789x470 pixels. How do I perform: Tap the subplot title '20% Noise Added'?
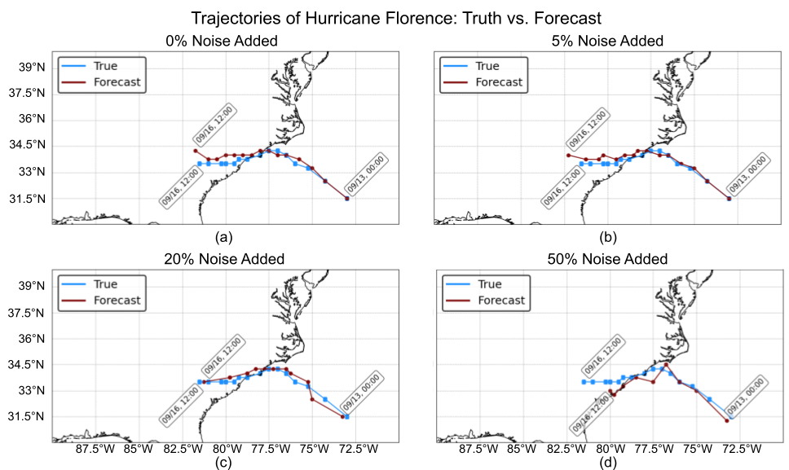click(225, 259)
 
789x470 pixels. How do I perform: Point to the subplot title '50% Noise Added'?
click(607, 259)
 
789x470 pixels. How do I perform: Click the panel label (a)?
click(225, 237)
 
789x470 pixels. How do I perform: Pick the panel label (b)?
click(607, 237)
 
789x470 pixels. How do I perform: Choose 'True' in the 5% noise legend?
click(489, 65)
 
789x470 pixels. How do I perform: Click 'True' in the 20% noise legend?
click(106, 284)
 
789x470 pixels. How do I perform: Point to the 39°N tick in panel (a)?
click(30, 67)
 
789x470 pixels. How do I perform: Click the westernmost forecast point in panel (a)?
click(195, 151)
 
